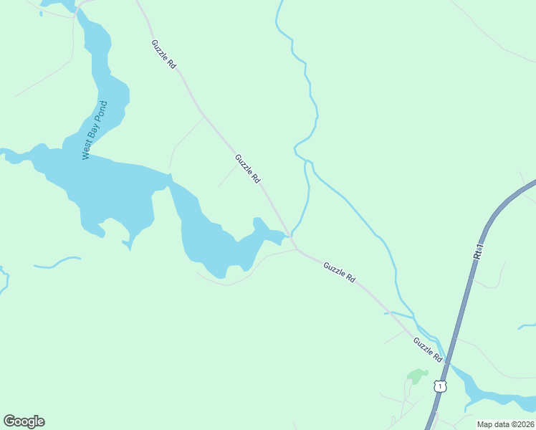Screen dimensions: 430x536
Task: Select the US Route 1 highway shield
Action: [440, 386]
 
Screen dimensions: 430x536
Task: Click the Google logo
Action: [24, 421]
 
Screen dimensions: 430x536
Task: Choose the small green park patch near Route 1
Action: [416, 376]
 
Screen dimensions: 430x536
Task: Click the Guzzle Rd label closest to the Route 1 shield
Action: [428, 350]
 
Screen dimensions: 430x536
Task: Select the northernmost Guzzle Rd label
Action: [164, 54]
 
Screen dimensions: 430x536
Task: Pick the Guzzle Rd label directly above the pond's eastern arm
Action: [247, 168]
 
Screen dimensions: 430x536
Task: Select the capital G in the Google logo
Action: [9, 421]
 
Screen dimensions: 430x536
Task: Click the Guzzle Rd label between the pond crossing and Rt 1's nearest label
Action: [339, 272]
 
